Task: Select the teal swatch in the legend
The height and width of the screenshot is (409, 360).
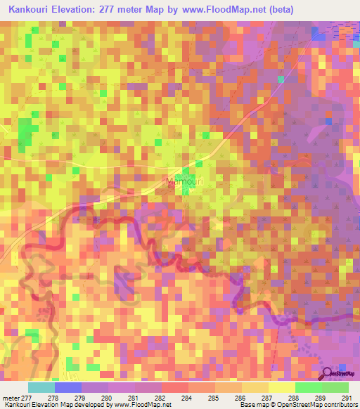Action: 41,387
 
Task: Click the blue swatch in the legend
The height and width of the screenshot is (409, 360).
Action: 67,387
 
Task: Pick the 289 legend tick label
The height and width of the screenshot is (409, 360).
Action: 320,398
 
